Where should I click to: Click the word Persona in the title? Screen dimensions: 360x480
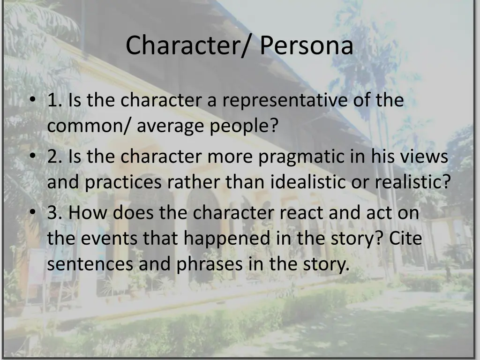click(307, 46)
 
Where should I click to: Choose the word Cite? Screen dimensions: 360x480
click(405, 239)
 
